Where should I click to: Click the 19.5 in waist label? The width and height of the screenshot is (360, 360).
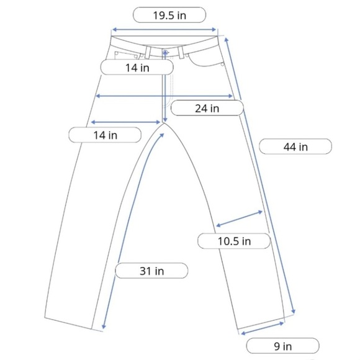coord(169,15)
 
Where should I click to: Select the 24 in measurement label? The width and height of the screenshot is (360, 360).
coord(207,108)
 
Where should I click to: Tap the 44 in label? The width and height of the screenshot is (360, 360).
coord(295,146)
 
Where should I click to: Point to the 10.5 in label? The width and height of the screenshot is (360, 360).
coord(234,241)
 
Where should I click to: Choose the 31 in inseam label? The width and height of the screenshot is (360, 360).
coord(151,271)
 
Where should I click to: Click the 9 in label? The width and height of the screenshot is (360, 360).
coord(282,346)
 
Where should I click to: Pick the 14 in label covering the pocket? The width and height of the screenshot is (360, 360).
coord(137,68)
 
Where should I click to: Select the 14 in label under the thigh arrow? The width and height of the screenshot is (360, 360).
coord(105,135)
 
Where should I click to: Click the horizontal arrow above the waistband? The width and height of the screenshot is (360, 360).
coord(164,29)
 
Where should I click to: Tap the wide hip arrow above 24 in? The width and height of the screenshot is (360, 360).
coord(164,96)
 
